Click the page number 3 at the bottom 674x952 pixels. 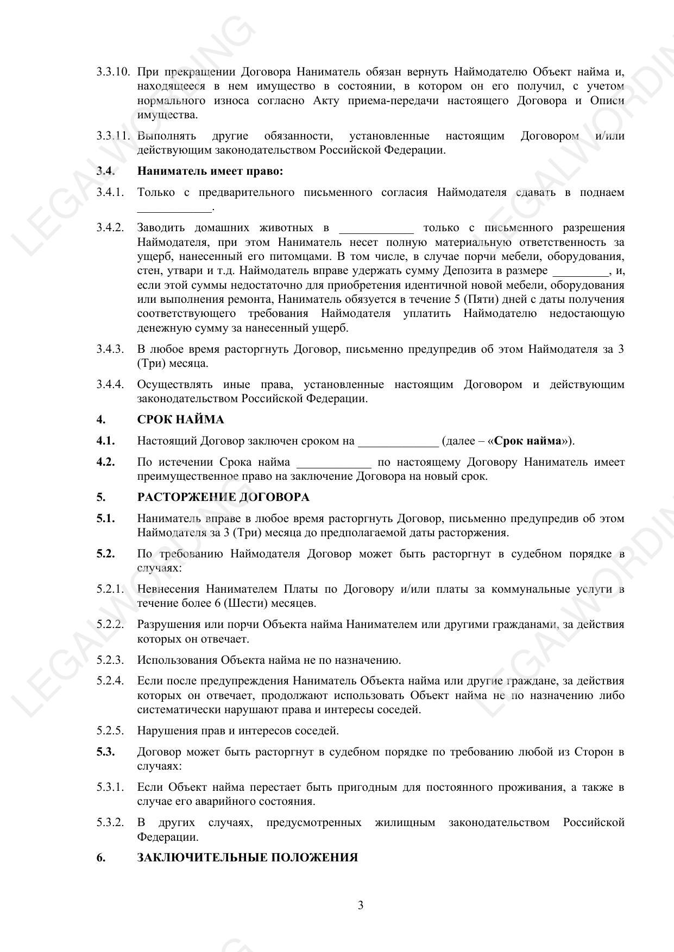[361, 905]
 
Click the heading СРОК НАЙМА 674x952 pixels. [180, 420]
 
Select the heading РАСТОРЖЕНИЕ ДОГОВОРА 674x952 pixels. [223, 497]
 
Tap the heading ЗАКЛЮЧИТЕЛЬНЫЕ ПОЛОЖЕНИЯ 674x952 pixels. [247, 858]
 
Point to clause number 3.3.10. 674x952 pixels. [114, 72]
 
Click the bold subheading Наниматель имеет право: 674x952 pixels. [210, 171]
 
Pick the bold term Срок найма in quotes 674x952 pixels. [527, 441]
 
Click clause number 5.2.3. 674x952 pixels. [110, 660]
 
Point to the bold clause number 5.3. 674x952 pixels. [106, 752]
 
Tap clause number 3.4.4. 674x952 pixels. [110, 384]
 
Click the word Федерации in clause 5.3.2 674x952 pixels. [167, 837]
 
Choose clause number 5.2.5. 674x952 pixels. [110, 731]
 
